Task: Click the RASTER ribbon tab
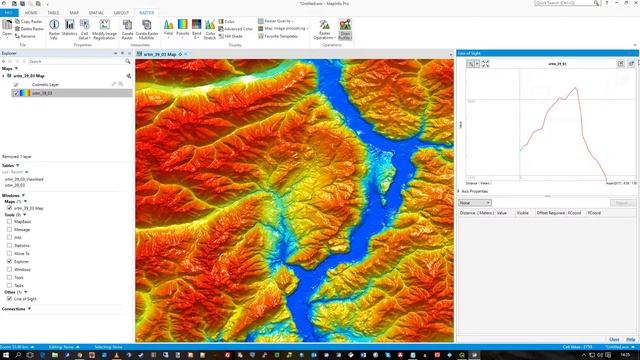point(147,12)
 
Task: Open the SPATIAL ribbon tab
point(95,12)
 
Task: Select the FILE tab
point(9,12)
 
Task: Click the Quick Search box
point(590,4)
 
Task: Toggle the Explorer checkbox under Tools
point(9,260)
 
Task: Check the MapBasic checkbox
point(9,221)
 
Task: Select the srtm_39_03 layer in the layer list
point(45,93)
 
